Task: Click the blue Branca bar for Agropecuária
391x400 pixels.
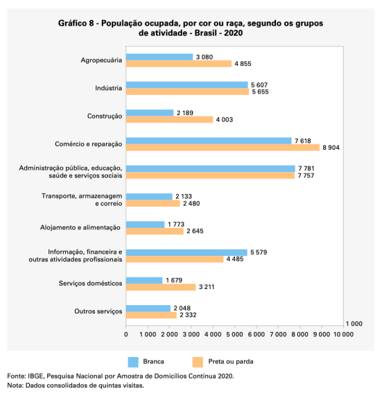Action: pos(159,57)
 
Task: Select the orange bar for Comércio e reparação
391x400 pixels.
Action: pos(223,148)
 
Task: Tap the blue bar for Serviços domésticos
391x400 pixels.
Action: pos(144,280)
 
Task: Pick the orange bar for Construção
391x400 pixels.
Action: pos(169,119)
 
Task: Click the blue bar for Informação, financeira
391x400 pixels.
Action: pos(186,252)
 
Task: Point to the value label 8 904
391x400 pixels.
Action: pos(331,148)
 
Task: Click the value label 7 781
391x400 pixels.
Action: pos(306,168)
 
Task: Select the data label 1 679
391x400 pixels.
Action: pos(174,280)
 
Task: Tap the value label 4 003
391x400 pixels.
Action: pos(225,120)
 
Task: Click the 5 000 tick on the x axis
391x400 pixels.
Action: pos(234,334)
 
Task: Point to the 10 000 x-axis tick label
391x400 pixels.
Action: pos(344,334)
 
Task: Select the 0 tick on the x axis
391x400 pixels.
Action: pos(126,334)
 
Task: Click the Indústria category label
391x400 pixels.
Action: pos(109,88)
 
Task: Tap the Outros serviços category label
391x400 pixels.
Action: pos(98,311)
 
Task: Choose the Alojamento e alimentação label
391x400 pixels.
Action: pos(80,227)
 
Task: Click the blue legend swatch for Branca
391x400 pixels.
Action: pos(133,362)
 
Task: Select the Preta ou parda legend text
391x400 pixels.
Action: pos(231,361)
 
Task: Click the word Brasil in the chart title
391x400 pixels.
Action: pos(206,33)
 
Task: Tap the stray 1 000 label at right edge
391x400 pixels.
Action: pos(354,324)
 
